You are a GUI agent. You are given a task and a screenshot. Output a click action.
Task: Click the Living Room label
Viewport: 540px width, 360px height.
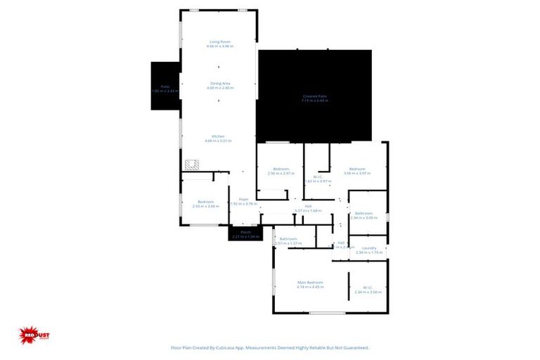220,41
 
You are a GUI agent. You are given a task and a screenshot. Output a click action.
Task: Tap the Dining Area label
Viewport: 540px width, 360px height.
220,83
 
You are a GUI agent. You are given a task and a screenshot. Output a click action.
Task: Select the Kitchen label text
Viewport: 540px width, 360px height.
219,136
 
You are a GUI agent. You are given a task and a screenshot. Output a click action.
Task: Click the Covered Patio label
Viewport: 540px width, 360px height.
314,96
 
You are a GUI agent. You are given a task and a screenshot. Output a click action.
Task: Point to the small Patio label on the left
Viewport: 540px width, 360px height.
165,86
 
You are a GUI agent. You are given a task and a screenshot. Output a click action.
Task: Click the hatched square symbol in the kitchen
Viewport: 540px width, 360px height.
191,165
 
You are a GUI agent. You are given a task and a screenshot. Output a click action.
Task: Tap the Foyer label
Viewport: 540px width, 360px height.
244,199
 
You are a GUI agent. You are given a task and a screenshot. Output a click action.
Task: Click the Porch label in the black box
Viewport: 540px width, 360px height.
245,231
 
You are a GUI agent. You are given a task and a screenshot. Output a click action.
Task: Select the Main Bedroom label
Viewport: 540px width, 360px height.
309,283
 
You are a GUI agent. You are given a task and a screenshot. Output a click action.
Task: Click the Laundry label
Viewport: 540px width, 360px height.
369,248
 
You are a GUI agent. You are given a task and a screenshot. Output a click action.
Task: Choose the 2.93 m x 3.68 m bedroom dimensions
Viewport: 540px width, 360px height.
206,207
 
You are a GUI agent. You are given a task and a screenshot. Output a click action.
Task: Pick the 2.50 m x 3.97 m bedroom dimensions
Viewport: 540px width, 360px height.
280,173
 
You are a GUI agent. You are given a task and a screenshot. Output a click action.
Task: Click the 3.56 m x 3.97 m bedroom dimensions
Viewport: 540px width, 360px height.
357,173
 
